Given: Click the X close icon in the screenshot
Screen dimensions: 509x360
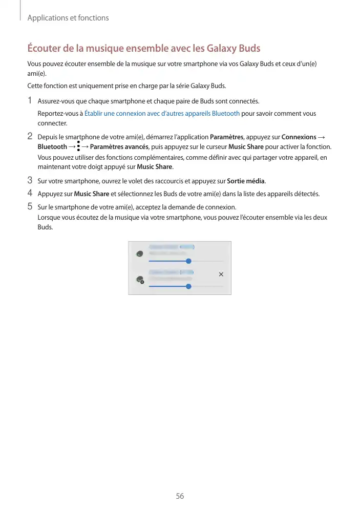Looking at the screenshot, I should coord(221,274).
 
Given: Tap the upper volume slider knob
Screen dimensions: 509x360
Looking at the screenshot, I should coord(188,261).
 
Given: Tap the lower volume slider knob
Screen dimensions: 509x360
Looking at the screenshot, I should coord(188,286).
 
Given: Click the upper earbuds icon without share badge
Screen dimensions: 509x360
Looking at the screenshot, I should coord(139,253).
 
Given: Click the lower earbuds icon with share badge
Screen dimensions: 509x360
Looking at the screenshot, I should coord(139,280).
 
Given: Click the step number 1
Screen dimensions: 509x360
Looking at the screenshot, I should coord(30,100).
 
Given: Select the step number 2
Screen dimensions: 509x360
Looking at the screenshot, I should coord(30,137).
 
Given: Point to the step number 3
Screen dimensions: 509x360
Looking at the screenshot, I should coord(30,180).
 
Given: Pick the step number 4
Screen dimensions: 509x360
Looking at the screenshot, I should coord(30,194).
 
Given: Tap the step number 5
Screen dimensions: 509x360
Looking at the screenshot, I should coord(30,207).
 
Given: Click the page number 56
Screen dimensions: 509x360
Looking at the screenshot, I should coord(180,496).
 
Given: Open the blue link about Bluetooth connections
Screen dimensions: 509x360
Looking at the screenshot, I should coord(162,114).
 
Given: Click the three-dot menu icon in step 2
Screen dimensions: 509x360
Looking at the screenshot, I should coord(78,147).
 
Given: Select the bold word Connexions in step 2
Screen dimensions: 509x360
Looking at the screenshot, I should coord(299,137).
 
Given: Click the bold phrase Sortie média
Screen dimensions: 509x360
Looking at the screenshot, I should coord(246,181).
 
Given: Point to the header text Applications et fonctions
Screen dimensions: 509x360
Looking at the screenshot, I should coord(68,18).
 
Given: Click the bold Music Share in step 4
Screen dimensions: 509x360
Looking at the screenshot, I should coord(92,194).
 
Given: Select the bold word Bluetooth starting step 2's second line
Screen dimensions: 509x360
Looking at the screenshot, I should coord(52,147).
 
